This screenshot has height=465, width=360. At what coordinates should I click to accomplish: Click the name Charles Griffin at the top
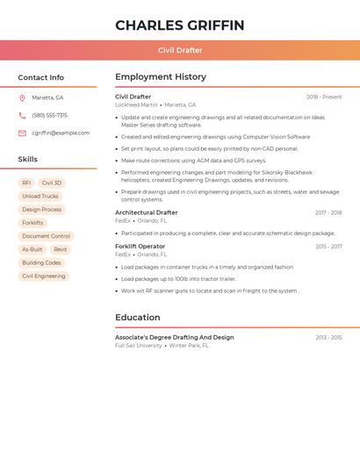(x=179, y=25)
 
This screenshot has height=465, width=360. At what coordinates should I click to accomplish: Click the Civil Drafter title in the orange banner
(x=179, y=50)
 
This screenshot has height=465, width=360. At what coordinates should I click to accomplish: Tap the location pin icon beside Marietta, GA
(x=22, y=97)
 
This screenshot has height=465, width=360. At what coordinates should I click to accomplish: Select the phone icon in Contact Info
(x=22, y=115)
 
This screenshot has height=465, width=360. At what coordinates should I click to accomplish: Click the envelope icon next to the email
(x=22, y=133)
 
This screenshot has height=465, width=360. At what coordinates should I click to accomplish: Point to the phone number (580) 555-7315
(x=49, y=115)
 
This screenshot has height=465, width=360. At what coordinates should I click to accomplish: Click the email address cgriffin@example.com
(x=61, y=133)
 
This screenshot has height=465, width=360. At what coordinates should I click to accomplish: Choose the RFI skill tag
(x=26, y=182)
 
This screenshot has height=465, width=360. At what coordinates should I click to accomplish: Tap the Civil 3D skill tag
(x=52, y=182)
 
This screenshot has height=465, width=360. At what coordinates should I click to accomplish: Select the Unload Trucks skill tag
(x=40, y=197)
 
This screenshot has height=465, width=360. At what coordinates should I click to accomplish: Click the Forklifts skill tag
(x=32, y=223)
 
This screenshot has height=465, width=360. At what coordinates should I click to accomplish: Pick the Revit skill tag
(x=60, y=249)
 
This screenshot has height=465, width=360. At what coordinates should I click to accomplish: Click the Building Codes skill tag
(x=41, y=262)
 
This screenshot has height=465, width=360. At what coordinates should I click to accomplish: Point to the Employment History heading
(x=161, y=77)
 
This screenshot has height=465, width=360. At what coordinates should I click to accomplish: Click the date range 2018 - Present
(x=324, y=97)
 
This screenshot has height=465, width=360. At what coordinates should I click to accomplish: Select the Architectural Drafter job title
(x=146, y=212)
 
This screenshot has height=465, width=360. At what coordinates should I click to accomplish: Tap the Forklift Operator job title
(x=140, y=247)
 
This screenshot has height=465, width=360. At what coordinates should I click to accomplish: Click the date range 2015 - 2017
(x=328, y=247)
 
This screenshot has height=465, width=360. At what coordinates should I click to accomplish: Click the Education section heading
(x=137, y=318)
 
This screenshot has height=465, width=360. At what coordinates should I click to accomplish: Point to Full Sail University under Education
(x=139, y=346)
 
